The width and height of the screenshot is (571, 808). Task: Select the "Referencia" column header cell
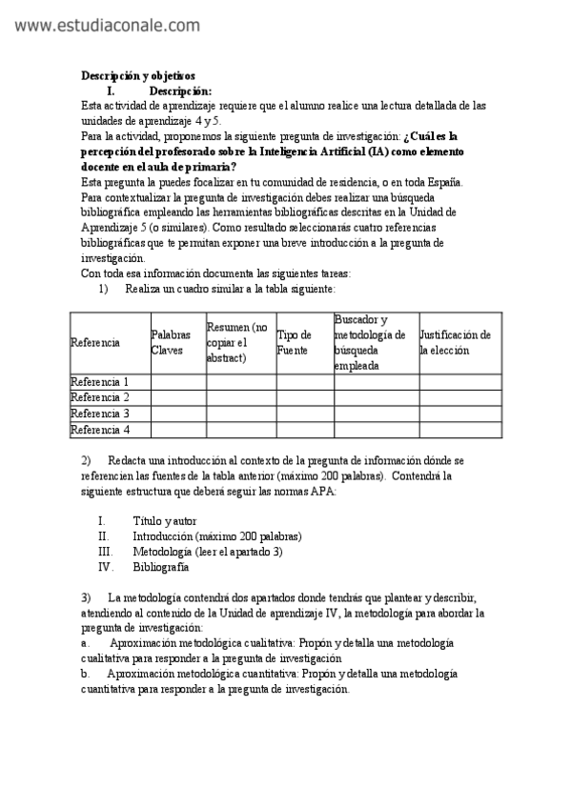[x=95, y=343]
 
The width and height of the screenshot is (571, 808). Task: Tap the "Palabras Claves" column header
[x=172, y=343]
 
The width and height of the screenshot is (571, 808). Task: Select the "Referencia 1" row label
[x=100, y=382]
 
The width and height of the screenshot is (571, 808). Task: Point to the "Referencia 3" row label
[x=100, y=414]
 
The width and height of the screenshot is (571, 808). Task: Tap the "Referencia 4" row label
[x=100, y=430]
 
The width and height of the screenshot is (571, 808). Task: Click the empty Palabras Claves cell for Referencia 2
[x=178, y=398]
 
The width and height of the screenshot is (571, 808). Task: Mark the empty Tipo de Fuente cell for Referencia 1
[x=305, y=382]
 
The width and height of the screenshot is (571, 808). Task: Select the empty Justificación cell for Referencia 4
[x=460, y=430]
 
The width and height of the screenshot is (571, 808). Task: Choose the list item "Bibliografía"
[x=161, y=567]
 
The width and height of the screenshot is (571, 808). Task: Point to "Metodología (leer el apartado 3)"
[x=208, y=552]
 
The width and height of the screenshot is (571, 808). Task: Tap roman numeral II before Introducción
[x=104, y=536]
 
